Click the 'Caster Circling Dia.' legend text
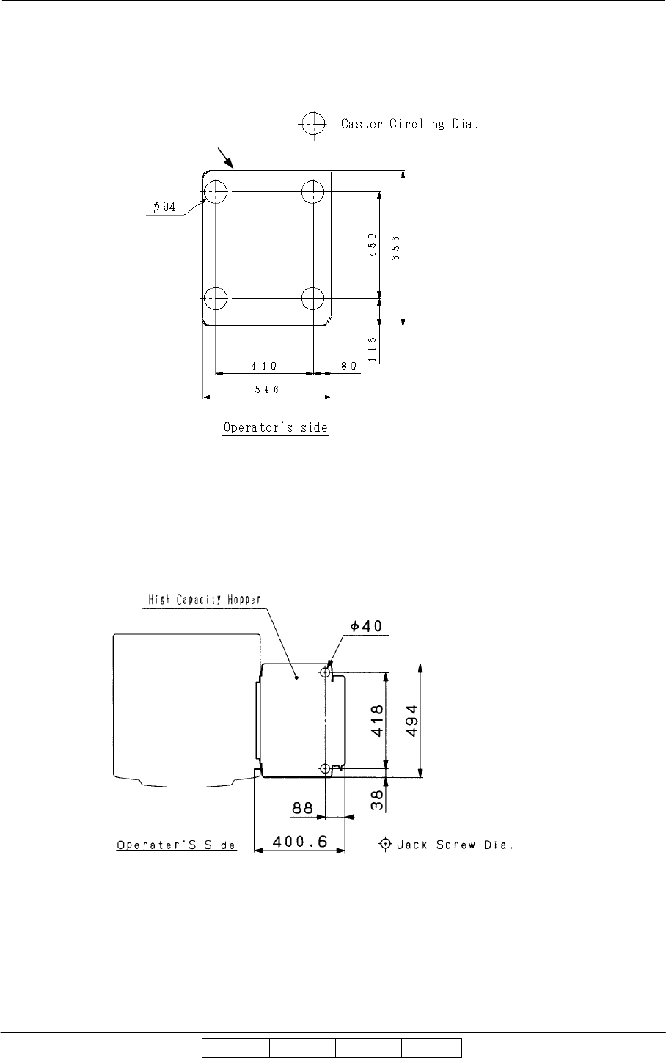[x=409, y=124]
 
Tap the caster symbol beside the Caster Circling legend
[x=312, y=125]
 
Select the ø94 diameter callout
[x=164, y=207]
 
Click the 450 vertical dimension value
[x=373, y=245]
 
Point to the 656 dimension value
[x=396, y=248]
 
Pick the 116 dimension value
[x=373, y=349]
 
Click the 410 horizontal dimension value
[x=264, y=366]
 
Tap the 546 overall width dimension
[x=267, y=389]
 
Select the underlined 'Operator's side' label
[x=275, y=427]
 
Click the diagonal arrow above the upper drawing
[x=225, y=158]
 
